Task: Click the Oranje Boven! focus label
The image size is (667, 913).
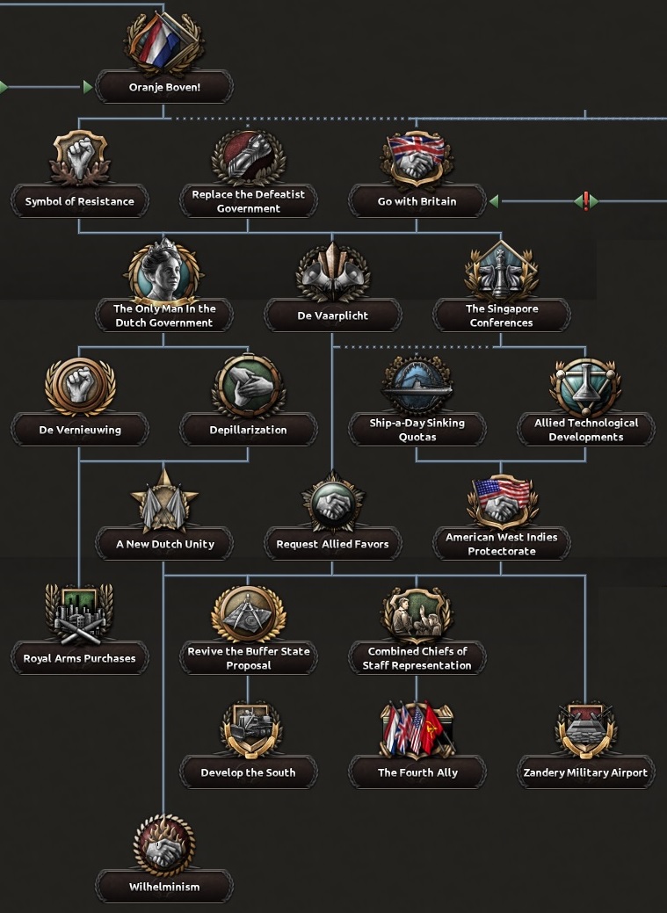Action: point(164,87)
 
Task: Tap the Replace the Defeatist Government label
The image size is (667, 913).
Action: point(248,201)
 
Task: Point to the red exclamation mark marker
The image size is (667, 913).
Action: point(585,201)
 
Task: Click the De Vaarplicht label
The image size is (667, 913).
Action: point(332,315)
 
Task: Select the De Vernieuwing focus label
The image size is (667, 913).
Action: point(80,430)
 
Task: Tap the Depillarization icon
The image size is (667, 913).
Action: point(248,385)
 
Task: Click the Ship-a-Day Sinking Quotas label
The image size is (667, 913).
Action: point(417,430)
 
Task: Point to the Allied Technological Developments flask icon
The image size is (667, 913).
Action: point(585,385)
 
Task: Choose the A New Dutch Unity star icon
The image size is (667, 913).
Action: point(164,499)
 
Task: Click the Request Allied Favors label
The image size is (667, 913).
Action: point(332,544)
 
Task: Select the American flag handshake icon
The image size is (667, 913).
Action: point(501,499)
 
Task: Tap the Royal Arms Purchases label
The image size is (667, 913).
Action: point(80,658)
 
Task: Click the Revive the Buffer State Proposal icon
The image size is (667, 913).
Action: point(248,613)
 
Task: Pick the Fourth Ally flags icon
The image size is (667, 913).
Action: point(417,728)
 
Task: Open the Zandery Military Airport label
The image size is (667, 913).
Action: point(585,772)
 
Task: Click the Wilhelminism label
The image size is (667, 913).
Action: point(164,887)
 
